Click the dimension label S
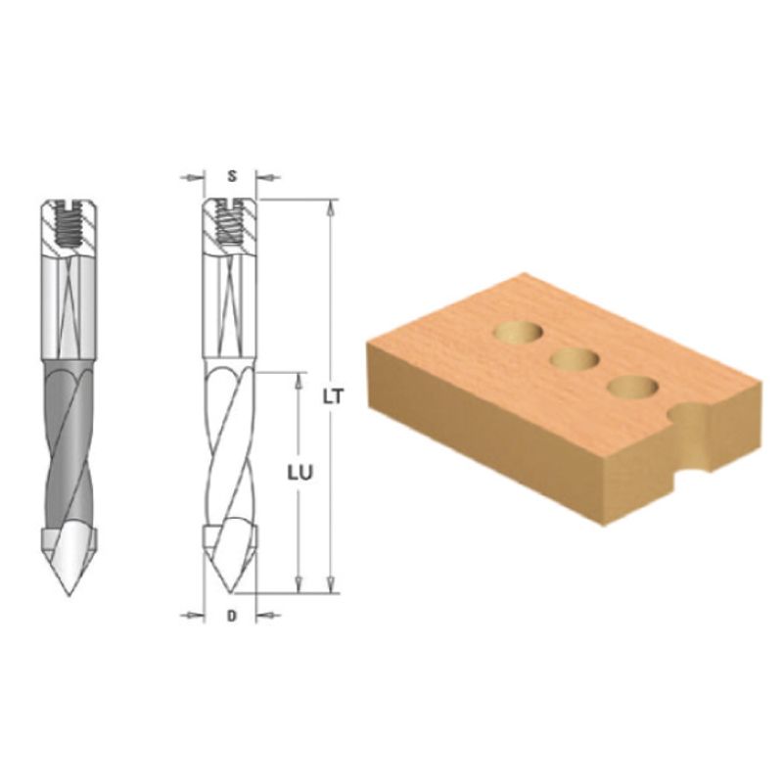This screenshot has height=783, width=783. coord(232,176)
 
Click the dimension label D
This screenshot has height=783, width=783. coord(231,617)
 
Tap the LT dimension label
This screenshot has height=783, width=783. coord(333,397)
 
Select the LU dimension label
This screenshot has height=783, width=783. coord(299,473)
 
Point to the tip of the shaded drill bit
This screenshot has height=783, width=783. coord(69,595)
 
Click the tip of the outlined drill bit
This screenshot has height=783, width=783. coord(231,593)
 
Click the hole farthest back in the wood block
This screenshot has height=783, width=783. coord(519,333)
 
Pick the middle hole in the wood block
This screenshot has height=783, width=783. coord(575,359)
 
